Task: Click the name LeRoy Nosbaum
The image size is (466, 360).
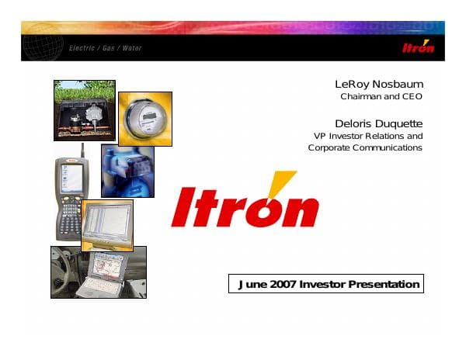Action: [378, 84]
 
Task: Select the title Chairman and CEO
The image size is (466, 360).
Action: [381, 97]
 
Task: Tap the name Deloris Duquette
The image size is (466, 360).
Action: [378, 123]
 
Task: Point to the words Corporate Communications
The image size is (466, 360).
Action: [365, 147]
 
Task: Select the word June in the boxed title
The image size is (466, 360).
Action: [250, 284]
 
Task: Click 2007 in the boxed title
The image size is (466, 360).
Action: [281, 284]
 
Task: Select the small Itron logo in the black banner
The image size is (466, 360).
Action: [419, 47]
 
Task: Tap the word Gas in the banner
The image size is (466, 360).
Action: [108, 48]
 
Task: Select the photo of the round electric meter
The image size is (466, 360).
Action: [145, 118]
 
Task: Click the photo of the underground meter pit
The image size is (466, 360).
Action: [84, 110]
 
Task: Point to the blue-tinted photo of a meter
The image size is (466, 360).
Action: [127, 171]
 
